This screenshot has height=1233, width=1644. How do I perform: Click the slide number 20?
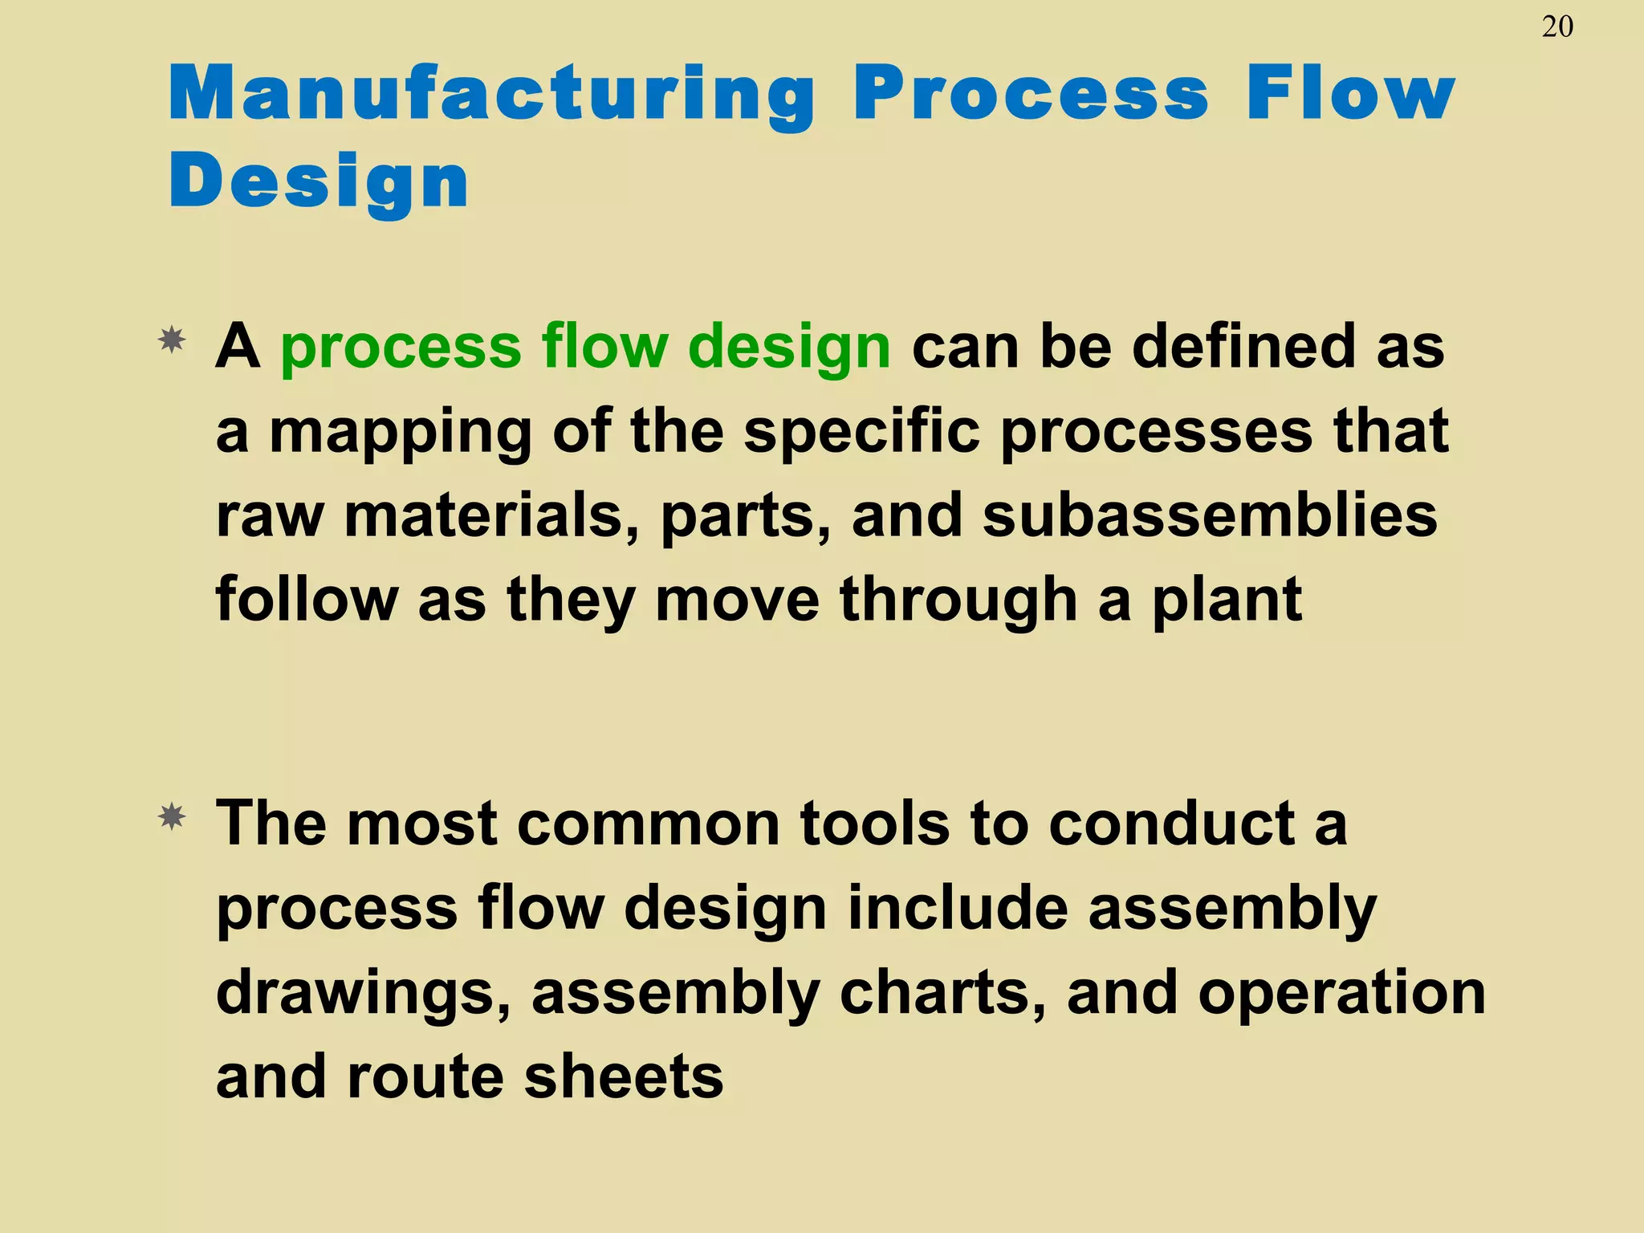click(1557, 27)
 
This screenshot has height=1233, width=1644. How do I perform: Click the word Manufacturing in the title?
click(491, 94)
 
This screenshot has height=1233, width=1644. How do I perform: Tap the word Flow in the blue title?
click(1350, 94)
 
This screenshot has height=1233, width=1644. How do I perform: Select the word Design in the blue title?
click(319, 181)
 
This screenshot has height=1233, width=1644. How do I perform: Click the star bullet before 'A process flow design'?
click(172, 341)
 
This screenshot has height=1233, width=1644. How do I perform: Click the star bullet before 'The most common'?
click(172, 818)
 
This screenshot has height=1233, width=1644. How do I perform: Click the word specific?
click(861, 432)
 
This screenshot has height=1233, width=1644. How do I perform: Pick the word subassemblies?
click(1210, 515)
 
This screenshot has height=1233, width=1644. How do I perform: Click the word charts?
click(942, 993)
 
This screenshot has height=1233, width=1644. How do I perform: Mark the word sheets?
click(624, 1077)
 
